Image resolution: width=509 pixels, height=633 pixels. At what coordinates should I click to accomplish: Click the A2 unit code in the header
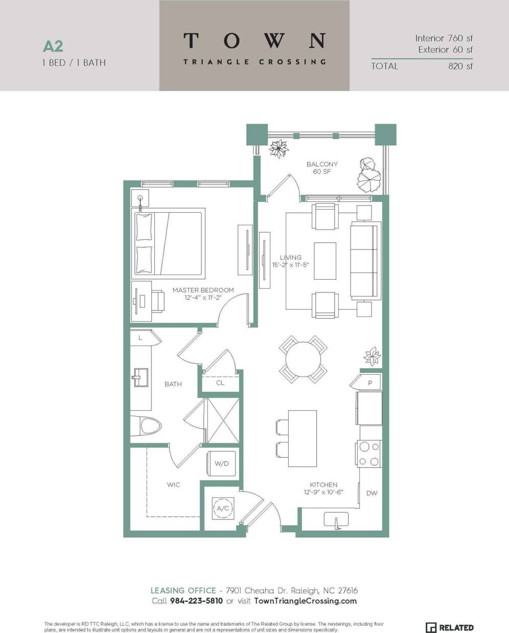coord(53,47)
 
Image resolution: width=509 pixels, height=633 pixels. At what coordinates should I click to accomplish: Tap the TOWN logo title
coord(254,41)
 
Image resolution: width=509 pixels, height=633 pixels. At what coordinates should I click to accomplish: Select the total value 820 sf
coord(460,66)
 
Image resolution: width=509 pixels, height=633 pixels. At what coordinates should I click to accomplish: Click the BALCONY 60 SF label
coord(321,168)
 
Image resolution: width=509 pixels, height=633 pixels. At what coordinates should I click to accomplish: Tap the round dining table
coord(303,359)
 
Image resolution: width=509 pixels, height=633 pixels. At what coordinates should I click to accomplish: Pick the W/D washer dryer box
coord(221,463)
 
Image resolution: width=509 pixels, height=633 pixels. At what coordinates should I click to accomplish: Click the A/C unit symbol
coord(223,508)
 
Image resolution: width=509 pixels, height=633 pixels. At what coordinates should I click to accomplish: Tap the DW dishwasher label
coord(372,493)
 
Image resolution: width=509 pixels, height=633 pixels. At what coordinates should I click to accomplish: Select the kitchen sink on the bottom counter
coord(336,520)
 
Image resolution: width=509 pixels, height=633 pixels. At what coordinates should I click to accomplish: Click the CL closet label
coord(220,382)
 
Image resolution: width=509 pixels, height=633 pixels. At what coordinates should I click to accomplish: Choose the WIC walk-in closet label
coord(173,484)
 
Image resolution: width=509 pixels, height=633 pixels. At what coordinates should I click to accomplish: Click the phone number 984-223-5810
coord(196,601)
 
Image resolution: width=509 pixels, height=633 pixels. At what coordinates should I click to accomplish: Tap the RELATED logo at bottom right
coord(450,627)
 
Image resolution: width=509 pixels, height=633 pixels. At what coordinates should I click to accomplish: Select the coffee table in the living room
coord(325,261)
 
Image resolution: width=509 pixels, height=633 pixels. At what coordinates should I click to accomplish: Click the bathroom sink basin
coord(139,379)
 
